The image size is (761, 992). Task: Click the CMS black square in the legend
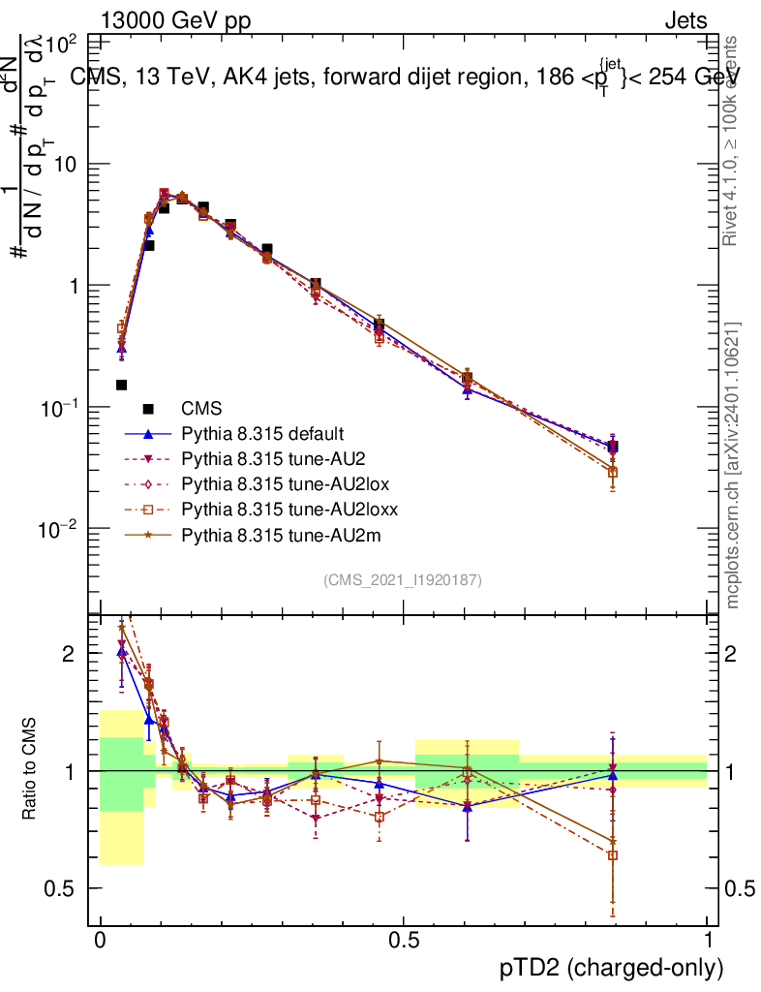click(x=148, y=408)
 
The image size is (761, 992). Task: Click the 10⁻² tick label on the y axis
click(x=58, y=529)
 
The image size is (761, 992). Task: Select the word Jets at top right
click(x=685, y=21)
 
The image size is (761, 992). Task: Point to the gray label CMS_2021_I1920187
click(x=403, y=579)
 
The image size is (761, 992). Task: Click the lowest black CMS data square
click(x=121, y=385)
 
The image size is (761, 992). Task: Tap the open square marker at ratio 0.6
click(x=612, y=855)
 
